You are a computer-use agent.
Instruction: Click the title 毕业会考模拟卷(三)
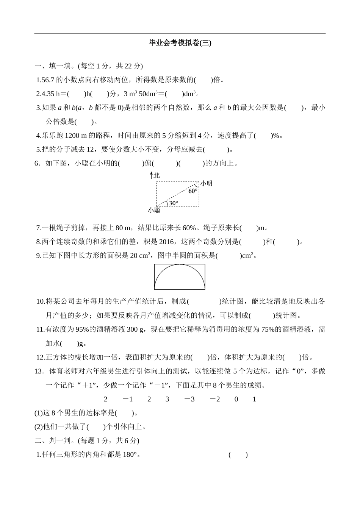pyautogui.click(x=180, y=43)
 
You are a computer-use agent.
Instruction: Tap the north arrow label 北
pyautogui.click(x=157, y=175)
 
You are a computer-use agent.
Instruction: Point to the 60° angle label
pyautogui.click(x=193, y=191)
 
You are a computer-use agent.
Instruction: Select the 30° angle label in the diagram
pyautogui.click(x=173, y=203)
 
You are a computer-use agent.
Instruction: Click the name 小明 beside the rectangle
pyautogui.click(x=207, y=183)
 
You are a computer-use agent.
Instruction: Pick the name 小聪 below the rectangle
pyautogui.click(x=154, y=210)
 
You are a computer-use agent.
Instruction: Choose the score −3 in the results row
pyautogui.click(x=189, y=399)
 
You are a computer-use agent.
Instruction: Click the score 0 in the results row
pyautogui.click(x=236, y=399)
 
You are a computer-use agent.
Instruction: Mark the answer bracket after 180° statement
pyautogui.click(x=238, y=454)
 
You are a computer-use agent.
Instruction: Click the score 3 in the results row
pyautogui.click(x=167, y=399)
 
